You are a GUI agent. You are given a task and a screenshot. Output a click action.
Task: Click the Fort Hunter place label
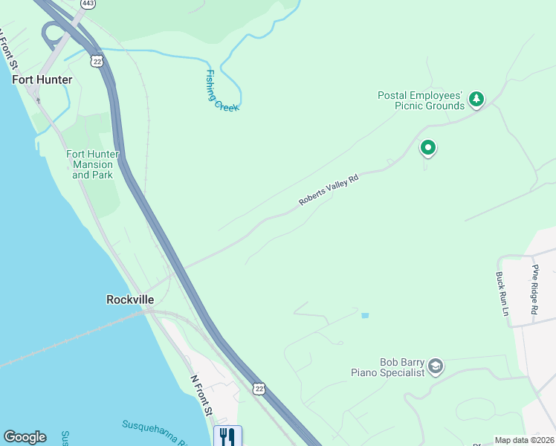[42, 80]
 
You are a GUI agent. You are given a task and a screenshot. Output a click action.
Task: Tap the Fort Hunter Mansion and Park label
[93, 164]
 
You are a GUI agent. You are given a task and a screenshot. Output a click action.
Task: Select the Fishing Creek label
[222, 91]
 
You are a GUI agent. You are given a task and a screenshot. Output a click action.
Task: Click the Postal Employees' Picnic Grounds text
[420, 100]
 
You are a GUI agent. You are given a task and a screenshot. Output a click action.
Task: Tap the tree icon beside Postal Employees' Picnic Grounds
[476, 98]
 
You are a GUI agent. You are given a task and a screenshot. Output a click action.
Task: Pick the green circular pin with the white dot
[427, 148]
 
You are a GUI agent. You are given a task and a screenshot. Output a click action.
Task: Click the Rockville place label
[130, 300]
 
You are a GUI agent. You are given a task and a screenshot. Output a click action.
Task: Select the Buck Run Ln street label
[502, 294]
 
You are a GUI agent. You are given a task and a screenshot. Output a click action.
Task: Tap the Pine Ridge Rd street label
[534, 289]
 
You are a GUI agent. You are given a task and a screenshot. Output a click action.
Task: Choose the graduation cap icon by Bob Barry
[436, 366]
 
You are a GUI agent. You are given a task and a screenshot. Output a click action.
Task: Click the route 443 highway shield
[88, 4]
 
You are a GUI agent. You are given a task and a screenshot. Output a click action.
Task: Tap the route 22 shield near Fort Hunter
[97, 61]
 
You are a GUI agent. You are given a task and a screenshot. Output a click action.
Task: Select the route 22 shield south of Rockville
[258, 389]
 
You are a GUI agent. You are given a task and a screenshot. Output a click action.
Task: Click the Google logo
[25, 437]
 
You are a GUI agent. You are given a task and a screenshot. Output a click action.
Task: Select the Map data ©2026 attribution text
[524, 440]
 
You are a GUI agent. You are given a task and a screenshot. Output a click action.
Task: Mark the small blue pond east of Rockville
[364, 316]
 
